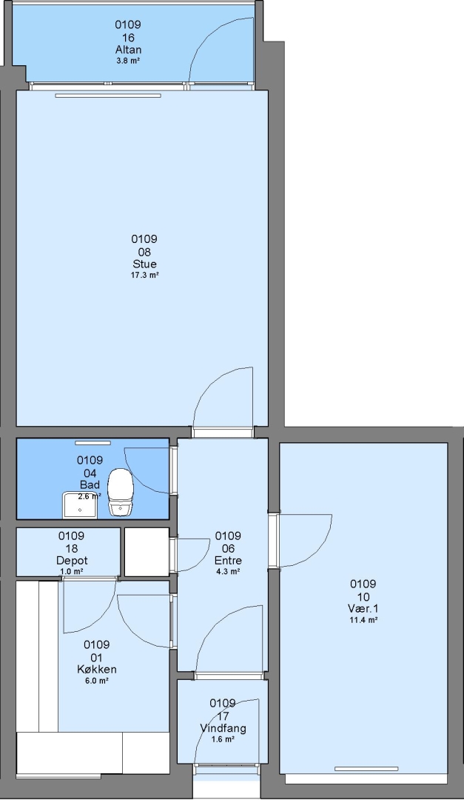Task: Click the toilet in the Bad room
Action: (121, 492)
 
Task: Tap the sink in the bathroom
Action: (79, 505)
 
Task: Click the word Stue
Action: (144, 264)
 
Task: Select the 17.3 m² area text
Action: (144, 275)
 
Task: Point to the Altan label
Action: (128, 50)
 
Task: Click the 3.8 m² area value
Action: (128, 60)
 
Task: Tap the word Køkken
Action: (97, 670)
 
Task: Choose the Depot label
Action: (71, 561)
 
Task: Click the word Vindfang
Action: (223, 728)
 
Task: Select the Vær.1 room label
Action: (363, 609)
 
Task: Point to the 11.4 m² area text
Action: (363, 620)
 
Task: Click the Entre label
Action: (228, 561)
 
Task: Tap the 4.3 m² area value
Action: (228, 571)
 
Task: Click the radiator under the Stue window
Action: (108, 96)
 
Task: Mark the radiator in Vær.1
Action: (366, 769)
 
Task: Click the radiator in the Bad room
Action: (93, 443)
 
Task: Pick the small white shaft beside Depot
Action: (147, 552)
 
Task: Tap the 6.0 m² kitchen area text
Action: (97, 681)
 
